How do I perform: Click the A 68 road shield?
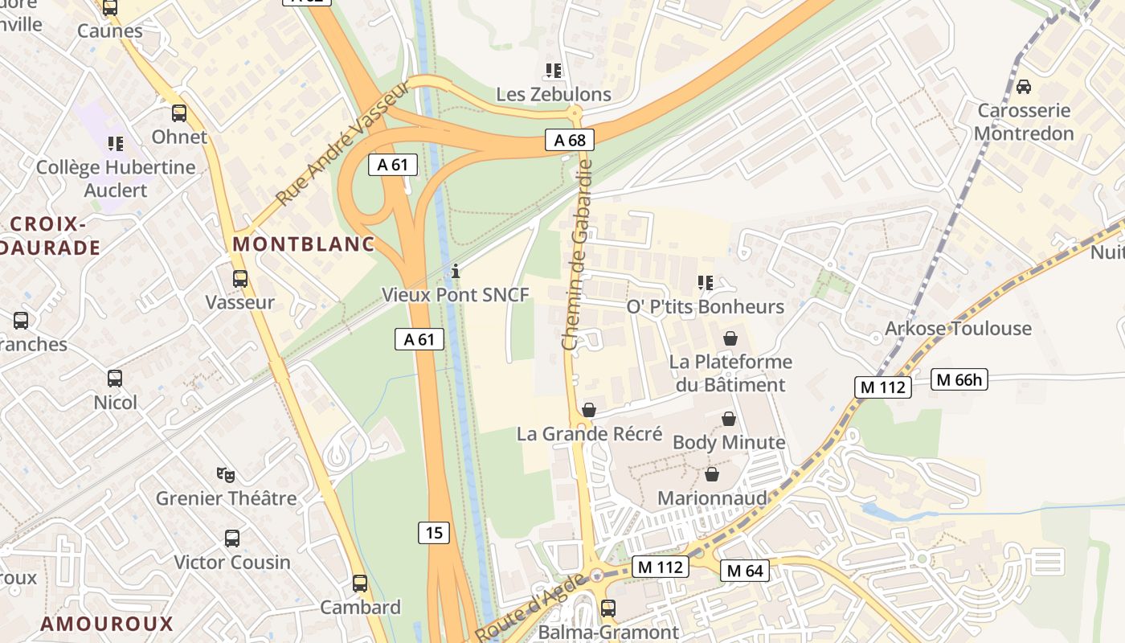point(570,140)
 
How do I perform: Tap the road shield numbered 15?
point(434,532)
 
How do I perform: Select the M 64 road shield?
point(744,571)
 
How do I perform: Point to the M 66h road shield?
point(959,379)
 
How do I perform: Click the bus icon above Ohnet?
point(179,113)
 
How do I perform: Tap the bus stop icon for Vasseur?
point(239,279)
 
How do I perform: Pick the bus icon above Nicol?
point(115,379)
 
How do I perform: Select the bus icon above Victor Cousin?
point(232,539)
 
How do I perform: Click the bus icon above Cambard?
point(360,584)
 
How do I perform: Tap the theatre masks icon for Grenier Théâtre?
point(226,475)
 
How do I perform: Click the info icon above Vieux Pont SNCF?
point(456,272)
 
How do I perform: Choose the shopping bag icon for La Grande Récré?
point(589,411)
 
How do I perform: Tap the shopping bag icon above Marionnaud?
point(711,475)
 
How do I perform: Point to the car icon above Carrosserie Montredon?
point(1024,87)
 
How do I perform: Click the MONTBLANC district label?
point(304,244)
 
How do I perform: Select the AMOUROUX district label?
point(107,624)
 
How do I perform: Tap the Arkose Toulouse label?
point(958,328)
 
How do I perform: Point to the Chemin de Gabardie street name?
point(577,254)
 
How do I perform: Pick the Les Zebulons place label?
point(554,94)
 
